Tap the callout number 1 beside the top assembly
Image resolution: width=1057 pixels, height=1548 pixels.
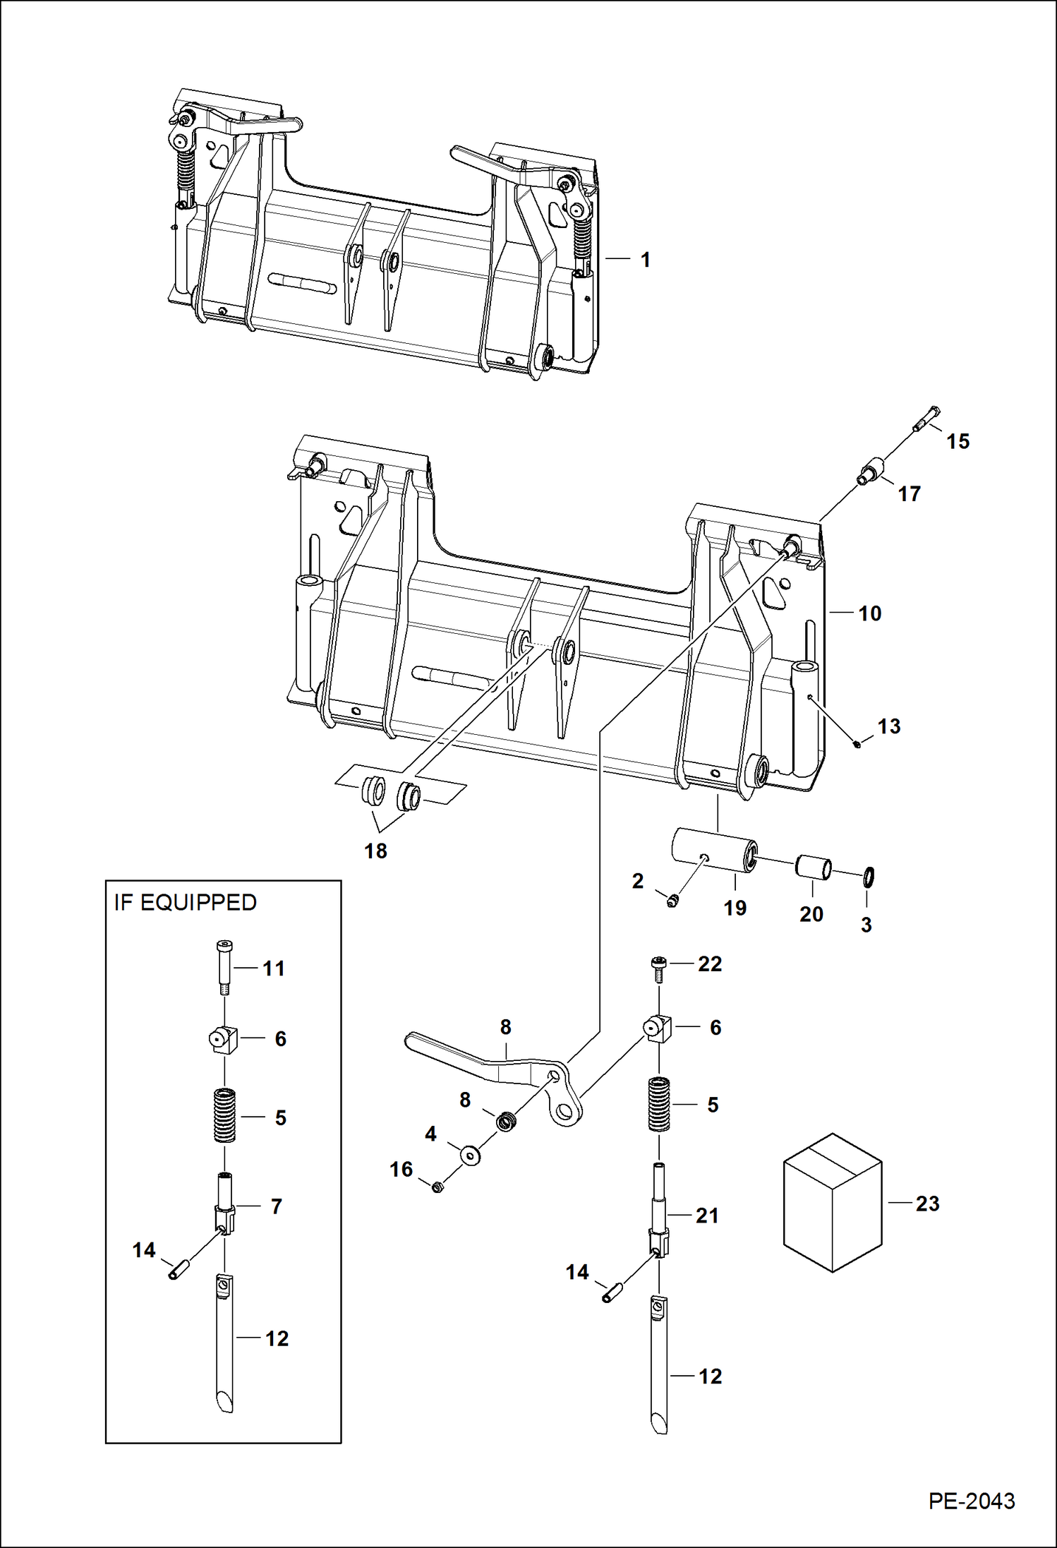point(645,260)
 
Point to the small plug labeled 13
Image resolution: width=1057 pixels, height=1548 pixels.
point(857,743)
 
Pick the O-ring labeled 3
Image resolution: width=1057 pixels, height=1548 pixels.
point(868,877)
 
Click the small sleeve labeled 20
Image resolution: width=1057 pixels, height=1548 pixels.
point(813,868)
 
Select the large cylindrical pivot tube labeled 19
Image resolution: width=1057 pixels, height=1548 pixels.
point(714,849)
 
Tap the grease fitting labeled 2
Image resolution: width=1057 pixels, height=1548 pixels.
point(672,900)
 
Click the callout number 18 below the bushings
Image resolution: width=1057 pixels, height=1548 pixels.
point(375,851)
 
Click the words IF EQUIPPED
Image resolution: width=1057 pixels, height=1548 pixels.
point(186,903)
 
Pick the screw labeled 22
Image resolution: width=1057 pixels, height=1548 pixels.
point(658,968)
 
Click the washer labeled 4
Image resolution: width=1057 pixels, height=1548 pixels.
point(470,1156)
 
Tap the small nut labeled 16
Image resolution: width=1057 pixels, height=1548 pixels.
point(437,1187)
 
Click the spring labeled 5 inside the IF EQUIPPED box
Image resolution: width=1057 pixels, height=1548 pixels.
point(224,1115)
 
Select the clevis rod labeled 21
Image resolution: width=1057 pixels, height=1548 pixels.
point(658,1211)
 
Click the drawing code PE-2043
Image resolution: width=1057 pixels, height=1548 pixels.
point(971,1501)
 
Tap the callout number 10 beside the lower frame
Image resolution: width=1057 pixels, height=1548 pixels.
point(869,613)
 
